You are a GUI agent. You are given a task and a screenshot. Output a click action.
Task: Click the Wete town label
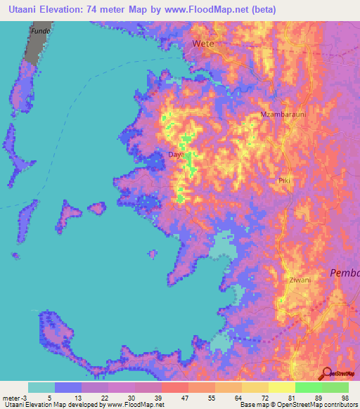(x=203, y=44)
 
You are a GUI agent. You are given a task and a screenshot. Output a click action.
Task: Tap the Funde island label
(x=40, y=32)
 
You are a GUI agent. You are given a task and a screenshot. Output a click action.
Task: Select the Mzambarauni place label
(x=281, y=115)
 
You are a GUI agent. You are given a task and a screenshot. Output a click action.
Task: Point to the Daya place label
(x=176, y=154)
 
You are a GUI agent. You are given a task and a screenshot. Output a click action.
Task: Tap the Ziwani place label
(x=300, y=280)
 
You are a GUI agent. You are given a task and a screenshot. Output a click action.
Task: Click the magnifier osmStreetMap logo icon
(x=326, y=373)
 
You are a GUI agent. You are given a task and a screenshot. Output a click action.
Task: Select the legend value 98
(x=345, y=397)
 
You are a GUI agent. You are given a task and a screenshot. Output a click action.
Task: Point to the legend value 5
(x=48, y=397)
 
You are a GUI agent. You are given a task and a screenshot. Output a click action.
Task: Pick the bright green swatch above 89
(x=308, y=387)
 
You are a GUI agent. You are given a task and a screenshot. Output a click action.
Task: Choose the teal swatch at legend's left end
(x=41, y=387)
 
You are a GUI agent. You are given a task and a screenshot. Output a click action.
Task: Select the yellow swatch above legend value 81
(x=281, y=387)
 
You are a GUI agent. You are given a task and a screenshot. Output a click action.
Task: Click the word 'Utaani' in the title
(x=20, y=10)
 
